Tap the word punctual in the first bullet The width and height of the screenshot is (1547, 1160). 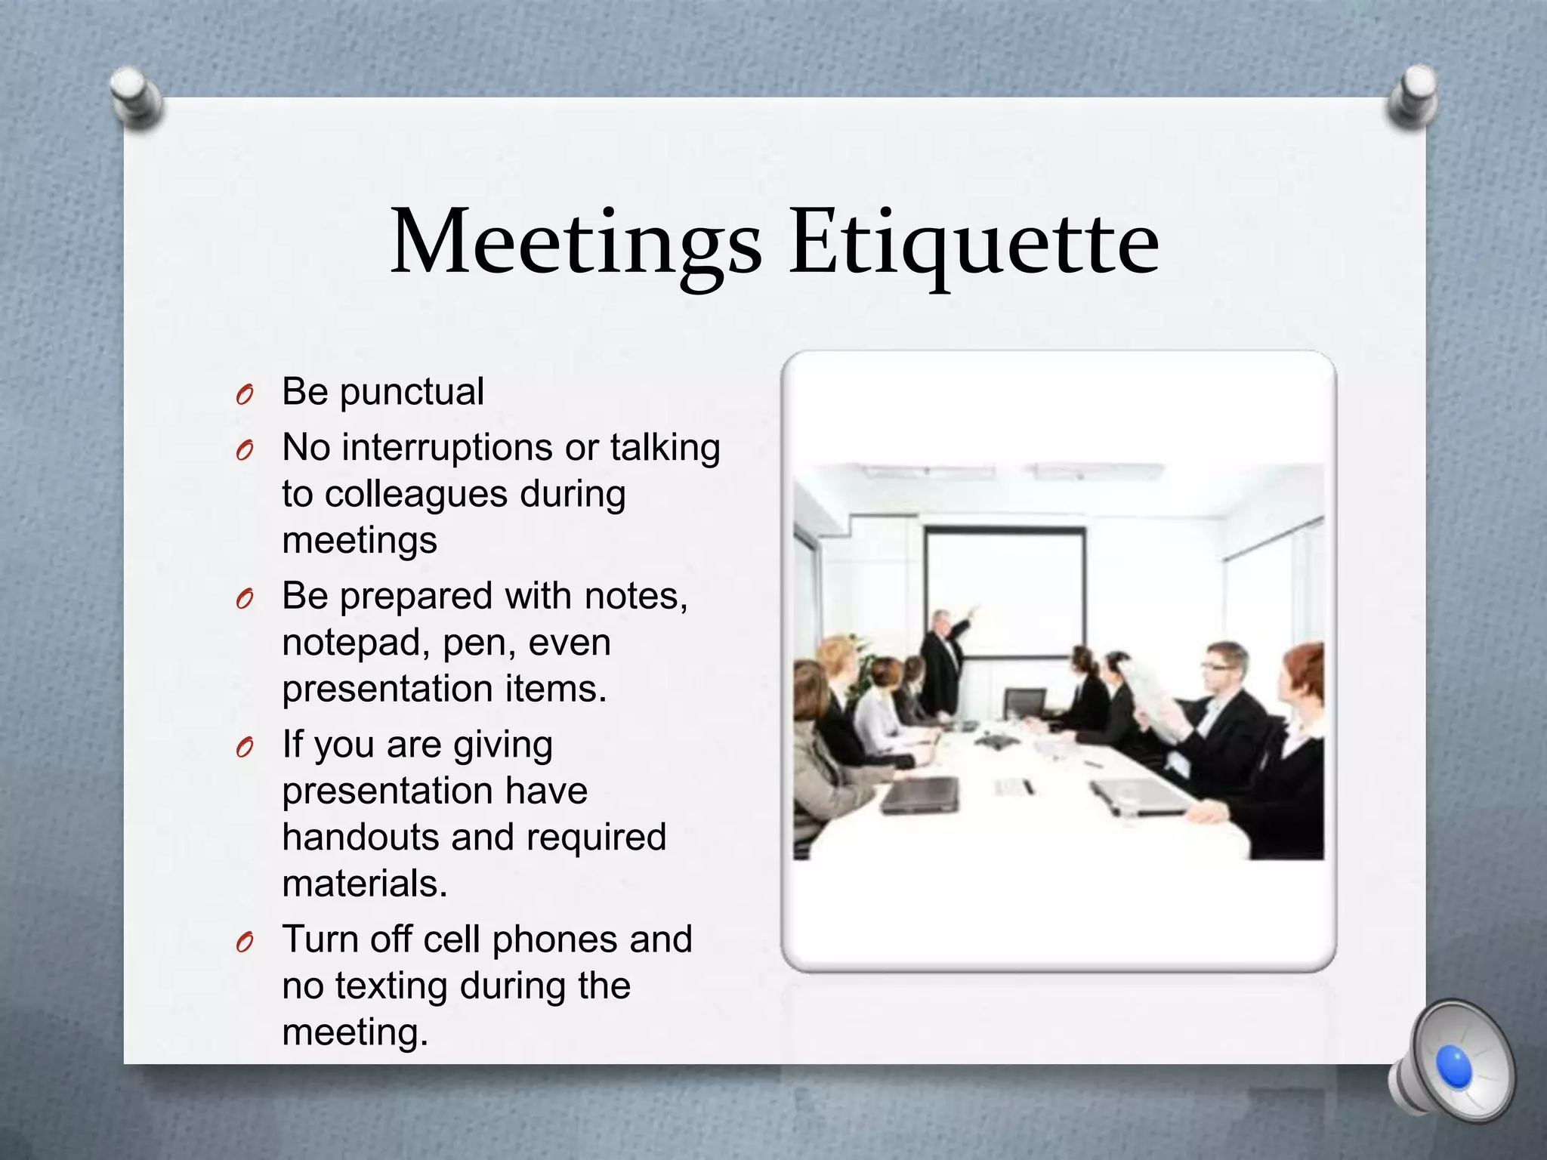(x=412, y=393)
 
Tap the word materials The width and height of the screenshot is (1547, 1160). (x=364, y=884)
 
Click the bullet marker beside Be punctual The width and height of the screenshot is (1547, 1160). (x=244, y=395)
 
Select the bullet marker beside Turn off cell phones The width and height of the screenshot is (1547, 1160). (x=244, y=942)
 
